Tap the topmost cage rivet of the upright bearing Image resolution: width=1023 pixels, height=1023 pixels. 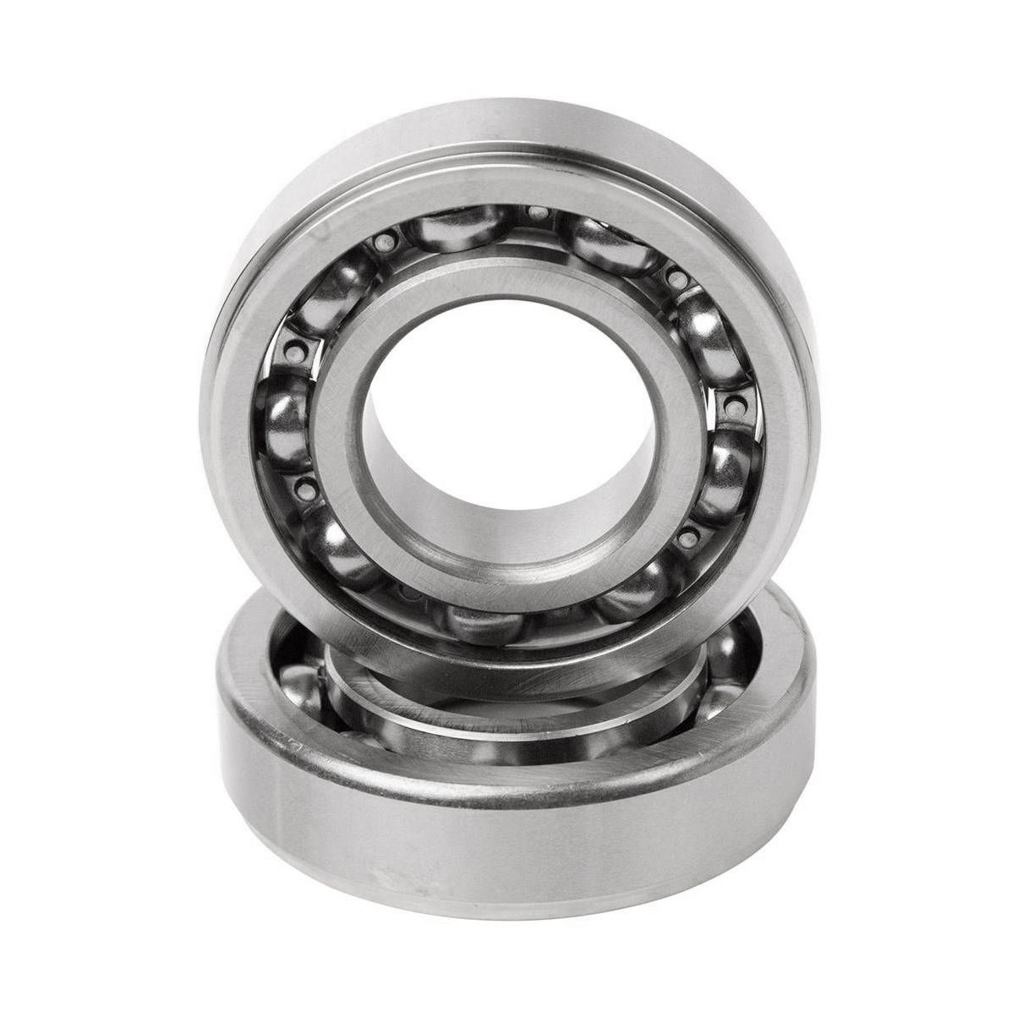(x=535, y=211)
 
